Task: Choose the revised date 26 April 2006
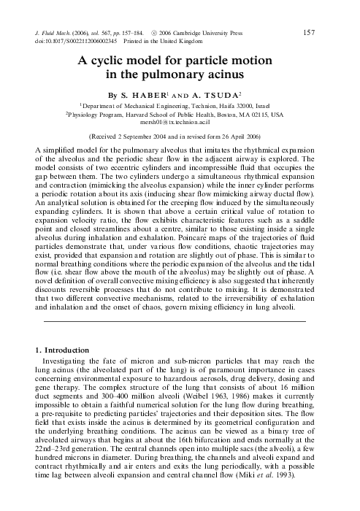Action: tap(242, 136)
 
